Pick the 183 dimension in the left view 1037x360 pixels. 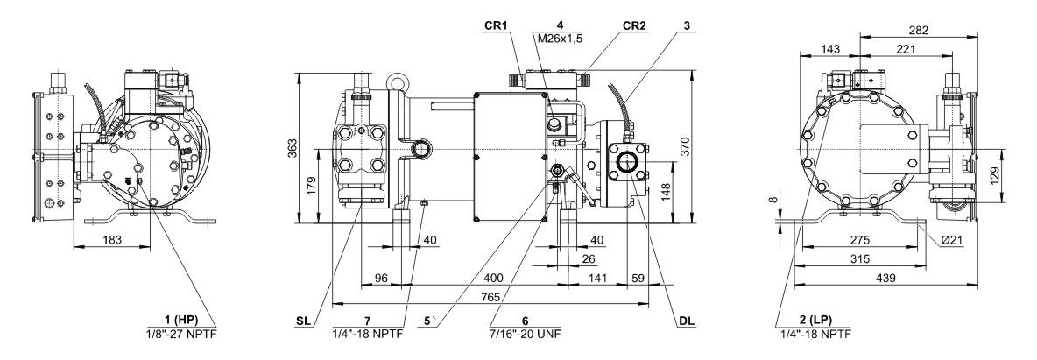point(109,238)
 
